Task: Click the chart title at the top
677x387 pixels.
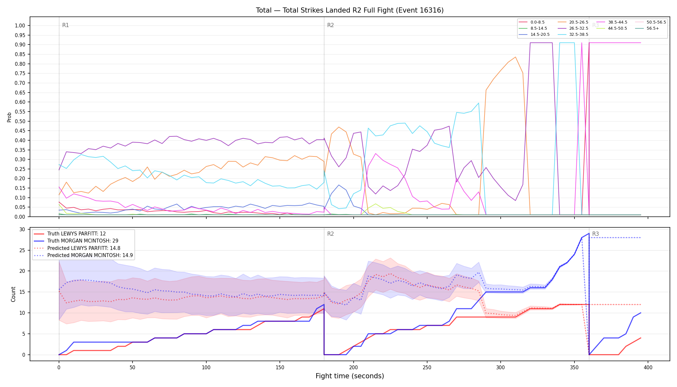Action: point(350,10)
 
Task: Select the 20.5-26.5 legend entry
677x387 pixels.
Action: point(573,22)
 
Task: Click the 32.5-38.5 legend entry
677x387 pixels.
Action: point(573,34)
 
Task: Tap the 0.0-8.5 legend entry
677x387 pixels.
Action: point(532,22)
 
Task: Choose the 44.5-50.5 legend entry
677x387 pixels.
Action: point(612,28)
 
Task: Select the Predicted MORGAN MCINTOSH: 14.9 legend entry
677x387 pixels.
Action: point(83,255)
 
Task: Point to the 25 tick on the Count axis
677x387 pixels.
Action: point(22,250)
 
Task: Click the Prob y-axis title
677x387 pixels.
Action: point(9,117)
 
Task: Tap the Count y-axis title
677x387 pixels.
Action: point(13,294)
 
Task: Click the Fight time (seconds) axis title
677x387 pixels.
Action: point(350,376)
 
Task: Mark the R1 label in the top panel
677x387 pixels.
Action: point(65,25)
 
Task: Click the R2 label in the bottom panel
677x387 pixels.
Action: point(330,234)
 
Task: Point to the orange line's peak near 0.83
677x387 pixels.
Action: point(515,57)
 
